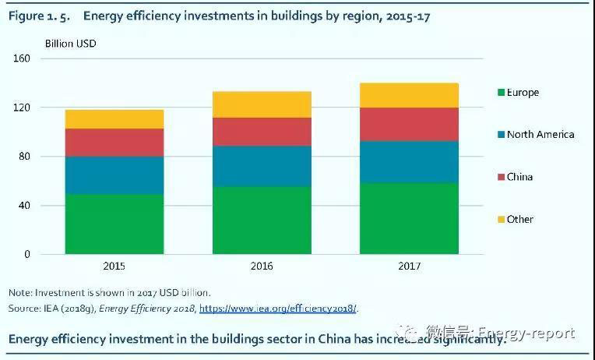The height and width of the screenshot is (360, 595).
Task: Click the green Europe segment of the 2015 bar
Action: [114, 224]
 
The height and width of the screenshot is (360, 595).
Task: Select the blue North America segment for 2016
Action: [262, 166]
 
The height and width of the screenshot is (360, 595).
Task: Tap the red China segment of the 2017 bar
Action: [409, 124]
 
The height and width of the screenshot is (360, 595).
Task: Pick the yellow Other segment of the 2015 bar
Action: [114, 118]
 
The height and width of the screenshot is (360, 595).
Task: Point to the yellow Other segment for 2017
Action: [409, 95]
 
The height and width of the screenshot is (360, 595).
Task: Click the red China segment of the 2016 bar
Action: [262, 132]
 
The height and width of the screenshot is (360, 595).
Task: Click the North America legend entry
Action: [540, 135]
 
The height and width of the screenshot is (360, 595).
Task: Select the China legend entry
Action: [519, 177]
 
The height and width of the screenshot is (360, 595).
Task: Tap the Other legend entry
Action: [519, 219]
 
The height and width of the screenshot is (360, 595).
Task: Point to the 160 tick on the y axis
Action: [22, 58]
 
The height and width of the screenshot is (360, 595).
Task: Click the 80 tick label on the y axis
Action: [24, 157]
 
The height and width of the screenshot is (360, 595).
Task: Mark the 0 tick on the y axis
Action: [26, 254]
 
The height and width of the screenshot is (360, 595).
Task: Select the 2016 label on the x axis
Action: [262, 266]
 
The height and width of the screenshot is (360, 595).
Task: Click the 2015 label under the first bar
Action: [114, 266]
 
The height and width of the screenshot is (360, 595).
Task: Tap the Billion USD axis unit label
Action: [71, 44]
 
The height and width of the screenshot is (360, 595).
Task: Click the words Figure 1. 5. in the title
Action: [39, 16]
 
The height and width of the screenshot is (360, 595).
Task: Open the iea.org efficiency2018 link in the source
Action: [279, 309]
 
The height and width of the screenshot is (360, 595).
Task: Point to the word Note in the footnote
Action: [19, 293]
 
